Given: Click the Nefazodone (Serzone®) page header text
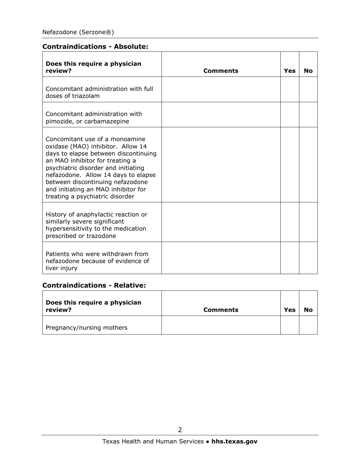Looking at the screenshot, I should click(x=78, y=32).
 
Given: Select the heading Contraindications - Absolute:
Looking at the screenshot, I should click(x=95, y=47).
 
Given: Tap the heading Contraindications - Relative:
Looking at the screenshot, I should click(x=94, y=285).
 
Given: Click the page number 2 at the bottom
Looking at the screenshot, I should click(x=180, y=430).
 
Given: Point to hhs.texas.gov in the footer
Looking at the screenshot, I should click(x=234, y=441).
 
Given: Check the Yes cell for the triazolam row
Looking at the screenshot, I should click(x=290, y=89).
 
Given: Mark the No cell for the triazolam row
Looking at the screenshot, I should click(x=308, y=89).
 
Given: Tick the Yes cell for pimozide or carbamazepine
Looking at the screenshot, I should click(x=290, y=115).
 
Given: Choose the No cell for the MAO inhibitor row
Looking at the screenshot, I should click(x=308, y=164).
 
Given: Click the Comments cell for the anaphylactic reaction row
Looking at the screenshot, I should click(x=221, y=222).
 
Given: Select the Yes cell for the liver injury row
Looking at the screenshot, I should click(x=290, y=258).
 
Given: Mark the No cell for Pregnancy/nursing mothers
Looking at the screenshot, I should click(x=308, y=325).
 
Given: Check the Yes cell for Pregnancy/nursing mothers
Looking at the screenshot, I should click(x=290, y=325).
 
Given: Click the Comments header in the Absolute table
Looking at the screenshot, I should click(x=221, y=71).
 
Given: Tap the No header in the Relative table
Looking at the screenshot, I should click(x=308, y=310).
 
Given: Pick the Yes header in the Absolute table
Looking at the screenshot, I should click(x=290, y=71).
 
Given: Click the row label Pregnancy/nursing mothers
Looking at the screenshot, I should click(x=86, y=328).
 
